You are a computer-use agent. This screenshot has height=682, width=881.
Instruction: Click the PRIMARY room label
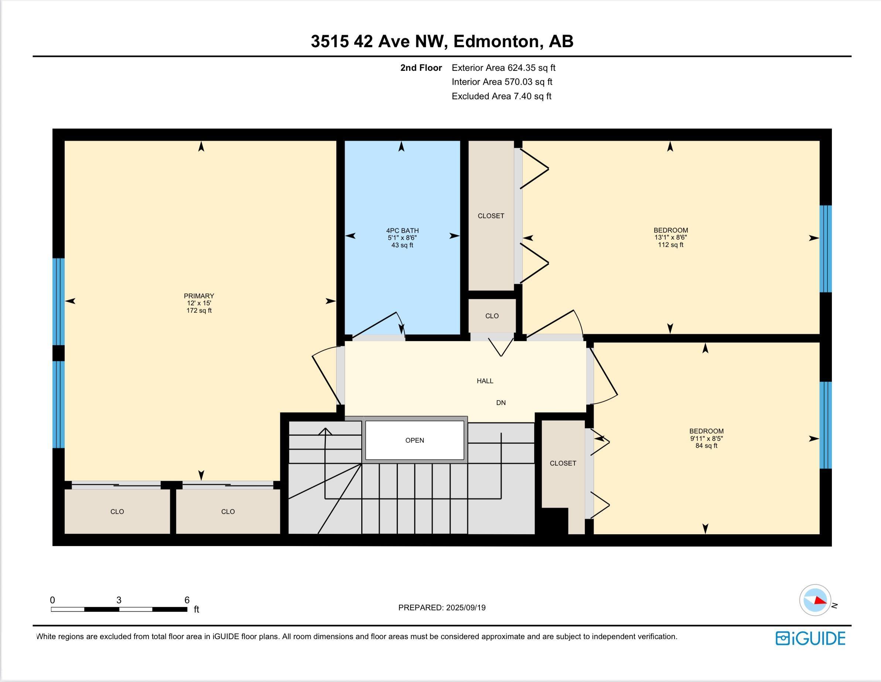(x=199, y=296)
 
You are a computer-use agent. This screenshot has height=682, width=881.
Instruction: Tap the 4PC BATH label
(x=402, y=231)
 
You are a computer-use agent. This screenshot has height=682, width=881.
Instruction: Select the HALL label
(x=485, y=381)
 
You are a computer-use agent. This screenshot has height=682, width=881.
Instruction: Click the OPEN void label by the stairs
(x=415, y=441)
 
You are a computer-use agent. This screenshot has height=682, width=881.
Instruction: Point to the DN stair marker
(x=501, y=402)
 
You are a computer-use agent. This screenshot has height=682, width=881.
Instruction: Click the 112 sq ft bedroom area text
(x=671, y=245)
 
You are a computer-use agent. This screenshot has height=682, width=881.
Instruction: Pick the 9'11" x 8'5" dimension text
(x=706, y=438)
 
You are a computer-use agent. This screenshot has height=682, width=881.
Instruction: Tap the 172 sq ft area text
(x=199, y=311)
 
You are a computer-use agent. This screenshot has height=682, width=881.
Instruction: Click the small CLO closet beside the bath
(x=492, y=316)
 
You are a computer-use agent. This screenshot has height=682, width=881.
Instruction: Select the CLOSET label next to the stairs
(x=563, y=463)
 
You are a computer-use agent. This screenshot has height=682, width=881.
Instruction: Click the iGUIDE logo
(x=810, y=638)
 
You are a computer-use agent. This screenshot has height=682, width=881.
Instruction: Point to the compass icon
(x=815, y=600)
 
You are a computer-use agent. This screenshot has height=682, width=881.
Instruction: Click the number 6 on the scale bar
(x=187, y=600)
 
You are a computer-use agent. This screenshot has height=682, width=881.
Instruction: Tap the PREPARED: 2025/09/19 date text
(x=442, y=608)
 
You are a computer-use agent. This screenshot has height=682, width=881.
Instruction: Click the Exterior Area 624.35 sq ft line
(x=503, y=68)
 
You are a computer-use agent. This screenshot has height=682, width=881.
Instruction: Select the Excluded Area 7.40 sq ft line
(x=501, y=96)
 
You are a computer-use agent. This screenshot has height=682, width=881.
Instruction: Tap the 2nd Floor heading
(x=421, y=68)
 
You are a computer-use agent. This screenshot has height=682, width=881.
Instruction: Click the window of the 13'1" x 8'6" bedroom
(x=825, y=249)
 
